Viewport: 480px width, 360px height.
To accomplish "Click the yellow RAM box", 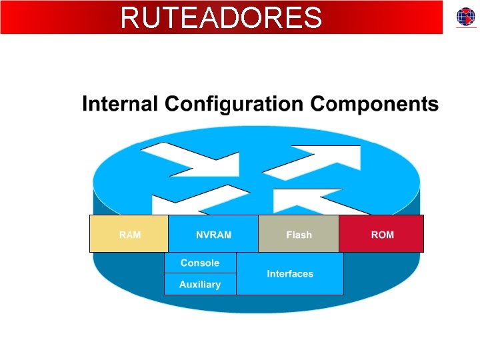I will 129,233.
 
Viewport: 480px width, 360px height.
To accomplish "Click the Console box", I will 200,263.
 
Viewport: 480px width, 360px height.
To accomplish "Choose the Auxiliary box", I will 200,285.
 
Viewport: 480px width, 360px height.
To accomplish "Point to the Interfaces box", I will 290,273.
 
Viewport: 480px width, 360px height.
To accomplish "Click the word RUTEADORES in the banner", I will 221,18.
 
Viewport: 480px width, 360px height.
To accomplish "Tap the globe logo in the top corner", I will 466,17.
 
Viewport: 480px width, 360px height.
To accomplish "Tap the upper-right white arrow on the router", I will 313,162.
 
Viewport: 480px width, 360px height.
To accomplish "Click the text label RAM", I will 130,235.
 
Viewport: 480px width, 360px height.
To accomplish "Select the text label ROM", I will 383,235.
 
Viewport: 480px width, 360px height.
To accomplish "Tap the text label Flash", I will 299,235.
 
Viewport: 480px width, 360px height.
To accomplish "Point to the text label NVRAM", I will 213,235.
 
